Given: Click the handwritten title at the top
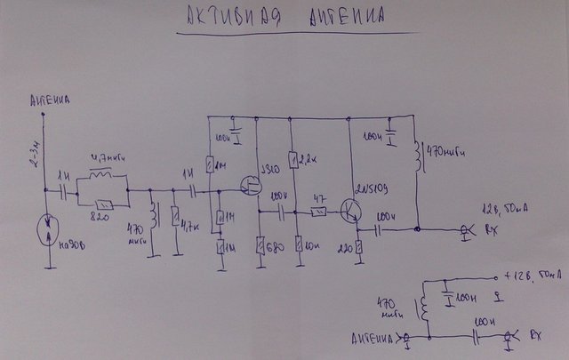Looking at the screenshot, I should (x=287, y=18).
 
